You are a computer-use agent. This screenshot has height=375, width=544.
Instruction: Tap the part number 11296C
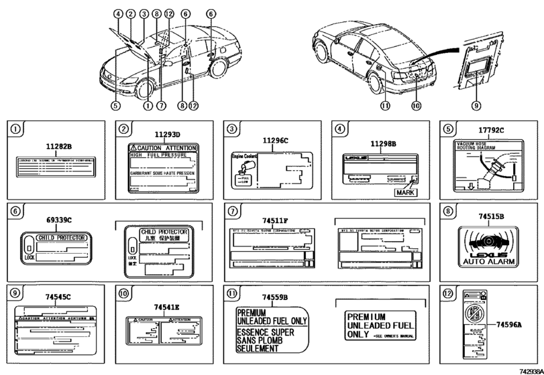pyautogui.click(x=275, y=142)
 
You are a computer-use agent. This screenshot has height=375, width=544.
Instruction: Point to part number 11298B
pyautogui.click(x=383, y=143)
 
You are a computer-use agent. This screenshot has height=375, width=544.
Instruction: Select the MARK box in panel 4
pyautogui.click(x=407, y=191)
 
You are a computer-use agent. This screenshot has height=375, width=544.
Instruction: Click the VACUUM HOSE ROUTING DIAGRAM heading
pyautogui.click(x=472, y=147)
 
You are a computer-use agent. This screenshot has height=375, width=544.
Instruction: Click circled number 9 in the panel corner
pyautogui.click(x=15, y=292)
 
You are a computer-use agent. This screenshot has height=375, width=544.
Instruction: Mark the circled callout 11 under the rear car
pyautogui.click(x=384, y=104)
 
